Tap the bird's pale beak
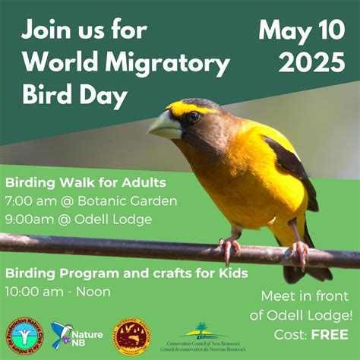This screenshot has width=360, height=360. [x=165, y=125]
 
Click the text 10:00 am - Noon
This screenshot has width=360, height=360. [x=58, y=291]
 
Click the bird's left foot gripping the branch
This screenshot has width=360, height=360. [x=229, y=247]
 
